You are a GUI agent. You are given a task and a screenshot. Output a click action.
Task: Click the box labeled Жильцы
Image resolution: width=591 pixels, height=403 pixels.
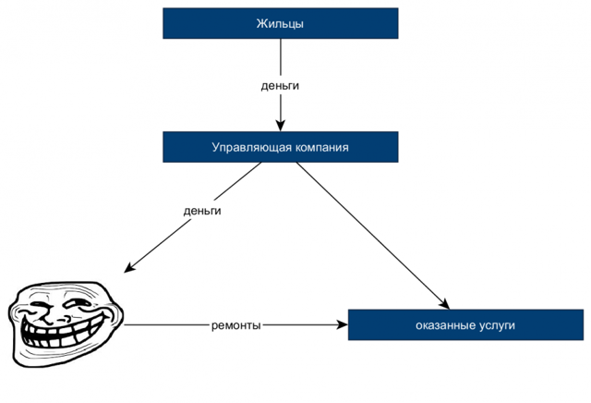[280, 23]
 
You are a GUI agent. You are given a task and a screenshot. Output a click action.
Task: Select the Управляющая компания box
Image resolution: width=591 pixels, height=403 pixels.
[280, 147]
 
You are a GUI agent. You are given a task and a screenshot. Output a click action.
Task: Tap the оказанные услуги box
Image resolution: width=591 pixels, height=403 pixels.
[465, 325]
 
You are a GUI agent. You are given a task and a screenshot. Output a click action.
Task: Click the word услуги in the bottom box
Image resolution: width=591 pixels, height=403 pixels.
[495, 325]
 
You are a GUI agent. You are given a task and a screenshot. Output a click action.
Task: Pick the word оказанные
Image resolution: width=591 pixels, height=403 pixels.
[443, 325]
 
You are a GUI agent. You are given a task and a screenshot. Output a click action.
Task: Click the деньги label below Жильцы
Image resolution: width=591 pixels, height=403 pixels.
[280, 85]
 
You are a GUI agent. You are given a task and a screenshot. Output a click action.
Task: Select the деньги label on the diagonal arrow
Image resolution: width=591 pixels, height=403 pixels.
[202, 211]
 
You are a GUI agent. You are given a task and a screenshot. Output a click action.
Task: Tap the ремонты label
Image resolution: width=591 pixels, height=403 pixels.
[235, 325]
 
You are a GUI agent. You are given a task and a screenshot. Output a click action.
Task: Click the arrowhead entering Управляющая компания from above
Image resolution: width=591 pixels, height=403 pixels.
[280, 127]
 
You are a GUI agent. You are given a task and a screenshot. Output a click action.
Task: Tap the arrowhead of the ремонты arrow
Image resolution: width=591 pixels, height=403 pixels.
[342, 325]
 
